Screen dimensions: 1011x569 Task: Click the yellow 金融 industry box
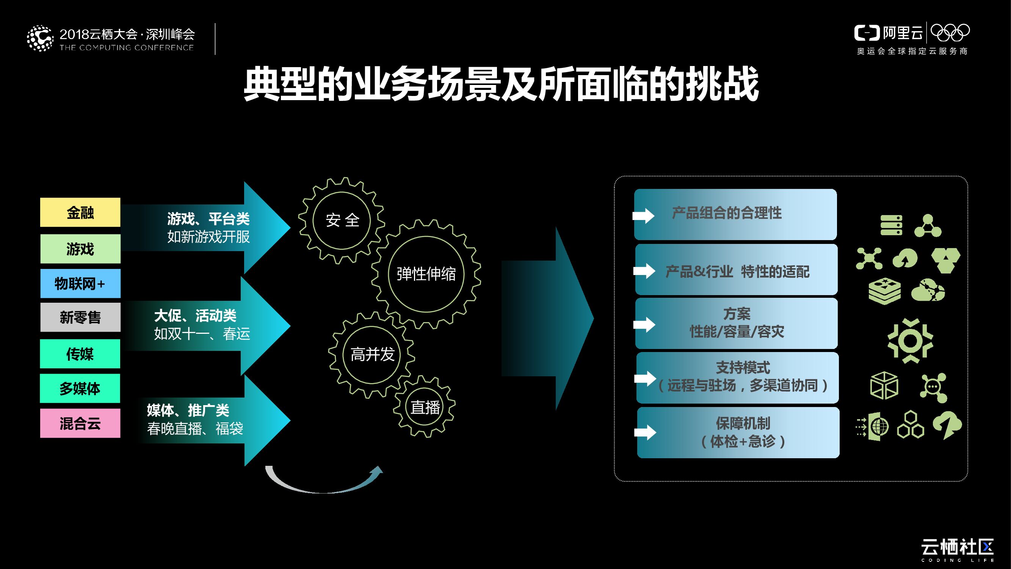click(80, 212)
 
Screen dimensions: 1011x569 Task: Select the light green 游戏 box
click(80, 248)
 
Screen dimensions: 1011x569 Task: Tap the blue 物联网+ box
click(80, 283)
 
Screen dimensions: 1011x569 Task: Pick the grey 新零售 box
click(80, 317)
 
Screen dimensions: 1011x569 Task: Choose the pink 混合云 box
click(80, 423)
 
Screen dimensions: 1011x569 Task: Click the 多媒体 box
click(80, 388)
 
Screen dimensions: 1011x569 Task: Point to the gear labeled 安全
click(342, 220)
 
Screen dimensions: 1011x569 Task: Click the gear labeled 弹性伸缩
click(426, 274)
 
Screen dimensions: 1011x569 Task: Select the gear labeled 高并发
click(371, 355)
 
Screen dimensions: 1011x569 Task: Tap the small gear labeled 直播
click(425, 407)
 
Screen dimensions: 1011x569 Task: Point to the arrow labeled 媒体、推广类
click(212, 420)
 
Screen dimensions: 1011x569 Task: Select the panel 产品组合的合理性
click(735, 214)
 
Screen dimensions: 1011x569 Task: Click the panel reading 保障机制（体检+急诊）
click(738, 432)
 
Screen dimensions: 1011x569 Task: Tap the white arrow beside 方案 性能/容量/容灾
click(644, 324)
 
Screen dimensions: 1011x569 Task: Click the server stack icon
click(891, 225)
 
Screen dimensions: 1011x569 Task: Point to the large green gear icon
click(910, 341)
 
